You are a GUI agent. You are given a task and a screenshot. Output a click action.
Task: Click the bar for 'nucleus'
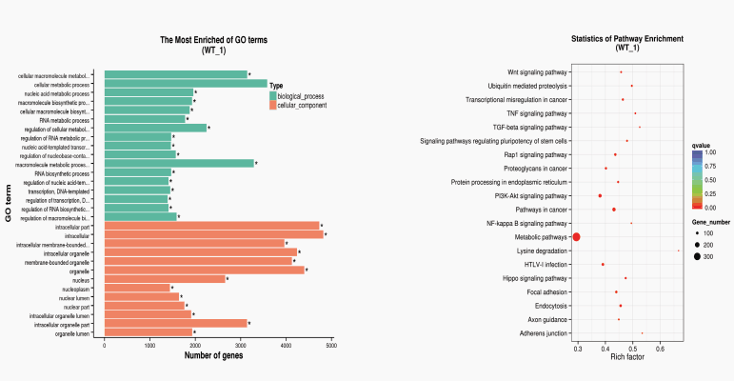point(165,279)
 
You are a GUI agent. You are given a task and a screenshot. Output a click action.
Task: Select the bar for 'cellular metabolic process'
point(186,84)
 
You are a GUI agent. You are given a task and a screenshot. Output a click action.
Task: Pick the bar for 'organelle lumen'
point(149,332)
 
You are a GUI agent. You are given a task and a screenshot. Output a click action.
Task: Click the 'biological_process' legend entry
point(301,95)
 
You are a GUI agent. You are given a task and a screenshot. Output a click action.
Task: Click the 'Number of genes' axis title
point(214,355)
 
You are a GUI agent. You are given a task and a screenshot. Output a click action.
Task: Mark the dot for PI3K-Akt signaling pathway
point(600,195)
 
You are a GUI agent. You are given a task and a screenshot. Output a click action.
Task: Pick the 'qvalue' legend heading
point(702,144)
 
